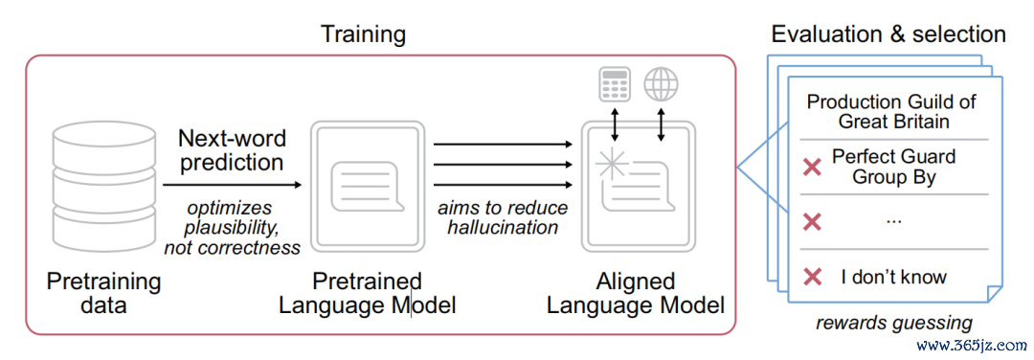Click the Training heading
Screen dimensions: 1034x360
[364, 34]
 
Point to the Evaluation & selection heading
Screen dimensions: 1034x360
[888, 34]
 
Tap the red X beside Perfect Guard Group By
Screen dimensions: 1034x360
[813, 169]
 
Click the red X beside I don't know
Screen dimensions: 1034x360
[813, 277]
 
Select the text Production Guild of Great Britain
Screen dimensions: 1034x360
[891, 112]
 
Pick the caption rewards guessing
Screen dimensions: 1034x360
[894, 323]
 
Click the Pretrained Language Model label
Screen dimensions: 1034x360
[368, 293]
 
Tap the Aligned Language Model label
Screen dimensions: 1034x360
[637, 293]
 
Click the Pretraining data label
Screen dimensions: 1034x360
[103, 293]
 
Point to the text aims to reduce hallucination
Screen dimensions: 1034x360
[503, 217]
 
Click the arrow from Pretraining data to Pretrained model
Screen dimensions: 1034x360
[232, 186]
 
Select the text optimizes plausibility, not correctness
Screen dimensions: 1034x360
[232, 228]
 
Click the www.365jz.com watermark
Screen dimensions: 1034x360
[973, 344]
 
